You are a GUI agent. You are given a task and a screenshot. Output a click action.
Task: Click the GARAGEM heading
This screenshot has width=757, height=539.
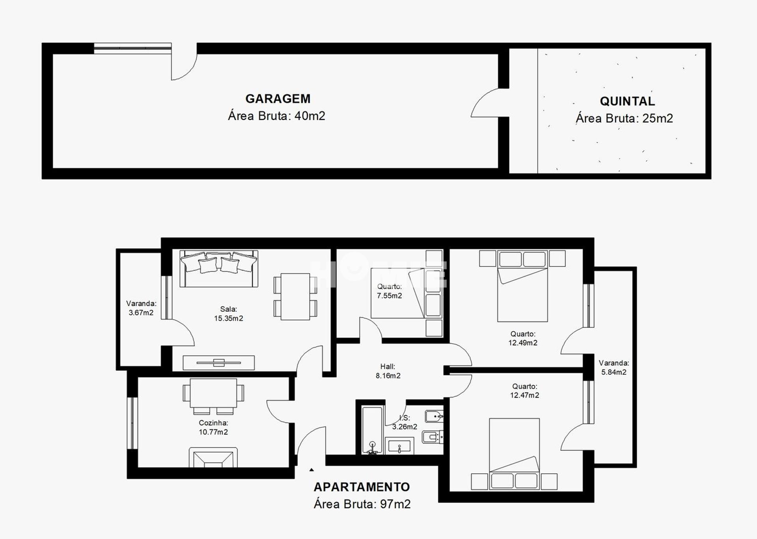click(278, 99)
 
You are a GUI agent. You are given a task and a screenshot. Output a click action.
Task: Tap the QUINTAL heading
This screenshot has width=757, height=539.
click(627, 101)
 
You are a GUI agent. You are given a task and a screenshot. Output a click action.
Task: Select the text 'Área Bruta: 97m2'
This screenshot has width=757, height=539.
click(362, 504)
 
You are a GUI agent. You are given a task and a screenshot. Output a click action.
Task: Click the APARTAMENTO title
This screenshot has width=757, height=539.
click(362, 487)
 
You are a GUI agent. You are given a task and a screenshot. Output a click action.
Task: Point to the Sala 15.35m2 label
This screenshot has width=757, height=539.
click(228, 314)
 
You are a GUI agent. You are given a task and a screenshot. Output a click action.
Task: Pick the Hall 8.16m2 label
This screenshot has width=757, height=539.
click(388, 371)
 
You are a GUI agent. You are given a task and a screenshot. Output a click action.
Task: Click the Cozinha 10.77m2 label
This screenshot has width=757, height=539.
click(213, 427)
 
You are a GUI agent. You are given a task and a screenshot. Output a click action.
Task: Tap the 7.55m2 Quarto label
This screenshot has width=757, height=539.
click(389, 291)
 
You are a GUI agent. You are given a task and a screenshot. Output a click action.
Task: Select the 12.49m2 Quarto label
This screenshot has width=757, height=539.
click(522, 338)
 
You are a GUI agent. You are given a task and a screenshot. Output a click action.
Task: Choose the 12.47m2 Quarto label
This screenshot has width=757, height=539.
click(524, 391)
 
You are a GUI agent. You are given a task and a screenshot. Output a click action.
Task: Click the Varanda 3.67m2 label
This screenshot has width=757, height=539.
click(141, 308)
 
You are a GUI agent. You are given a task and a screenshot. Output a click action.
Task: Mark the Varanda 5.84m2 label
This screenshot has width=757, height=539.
click(613, 368)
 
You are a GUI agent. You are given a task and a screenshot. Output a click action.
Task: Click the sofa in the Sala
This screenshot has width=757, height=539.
click(219, 269)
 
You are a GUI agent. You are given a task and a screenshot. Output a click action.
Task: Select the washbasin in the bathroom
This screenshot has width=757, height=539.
click(399, 446)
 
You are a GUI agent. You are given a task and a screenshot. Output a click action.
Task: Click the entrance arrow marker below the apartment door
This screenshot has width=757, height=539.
click(311, 470)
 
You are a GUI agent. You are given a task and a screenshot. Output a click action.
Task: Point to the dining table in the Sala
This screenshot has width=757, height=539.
click(295, 296)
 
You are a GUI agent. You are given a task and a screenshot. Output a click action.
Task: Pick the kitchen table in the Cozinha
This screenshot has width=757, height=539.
click(213, 393)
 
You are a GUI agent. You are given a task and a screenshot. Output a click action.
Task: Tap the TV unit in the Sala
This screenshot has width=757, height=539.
click(218, 362)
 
